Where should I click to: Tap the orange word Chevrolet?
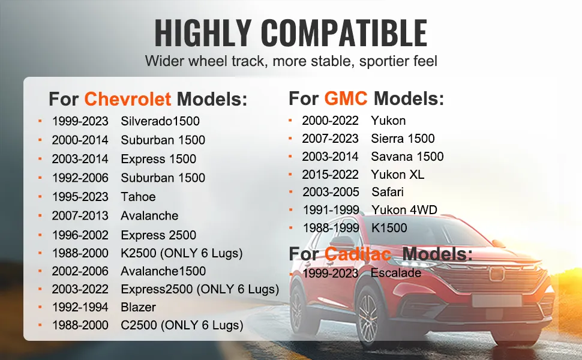coord(128,99)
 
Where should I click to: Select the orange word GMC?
coord(346,98)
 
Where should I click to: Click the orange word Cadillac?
coord(358,254)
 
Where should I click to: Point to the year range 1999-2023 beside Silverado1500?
coord(80,121)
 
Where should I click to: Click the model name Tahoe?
coord(138,197)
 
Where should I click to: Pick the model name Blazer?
coord(138,307)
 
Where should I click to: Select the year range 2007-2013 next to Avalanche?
coord(80,215)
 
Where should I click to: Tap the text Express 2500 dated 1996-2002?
coord(158,235)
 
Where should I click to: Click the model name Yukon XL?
coord(398,175)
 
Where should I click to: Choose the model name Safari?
coord(388,192)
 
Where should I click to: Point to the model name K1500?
coord(389,228)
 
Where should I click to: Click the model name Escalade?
coord(395,273)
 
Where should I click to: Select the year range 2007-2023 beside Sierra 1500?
coord(331,139)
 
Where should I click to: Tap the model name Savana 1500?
coord(407,156)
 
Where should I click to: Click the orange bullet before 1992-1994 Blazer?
coord(40,307)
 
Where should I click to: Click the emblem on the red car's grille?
coord(496,274)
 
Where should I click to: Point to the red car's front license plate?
coord(497,301)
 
